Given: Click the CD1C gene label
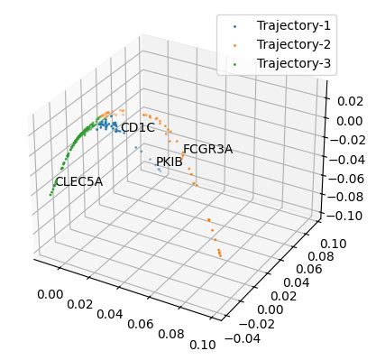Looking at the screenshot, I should click(x=138, y=128).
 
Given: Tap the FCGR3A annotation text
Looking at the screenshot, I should click(x=207, y=150).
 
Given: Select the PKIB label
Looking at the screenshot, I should click(x=170, y=162).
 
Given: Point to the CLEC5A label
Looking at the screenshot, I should click(x=79, y=182).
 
